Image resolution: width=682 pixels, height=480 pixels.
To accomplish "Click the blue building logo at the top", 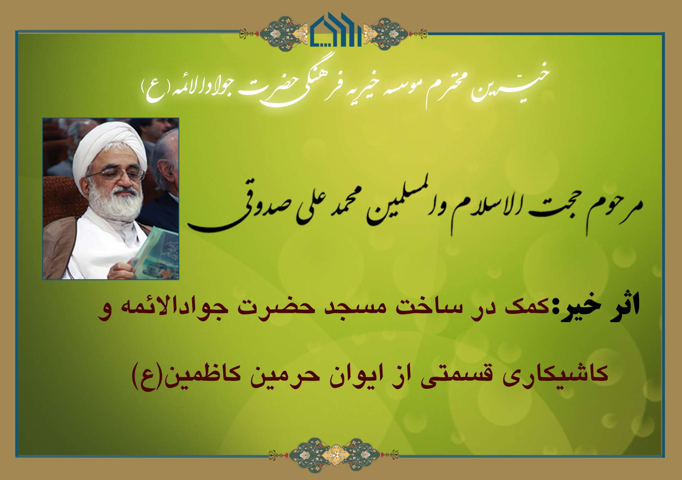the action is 336,30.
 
